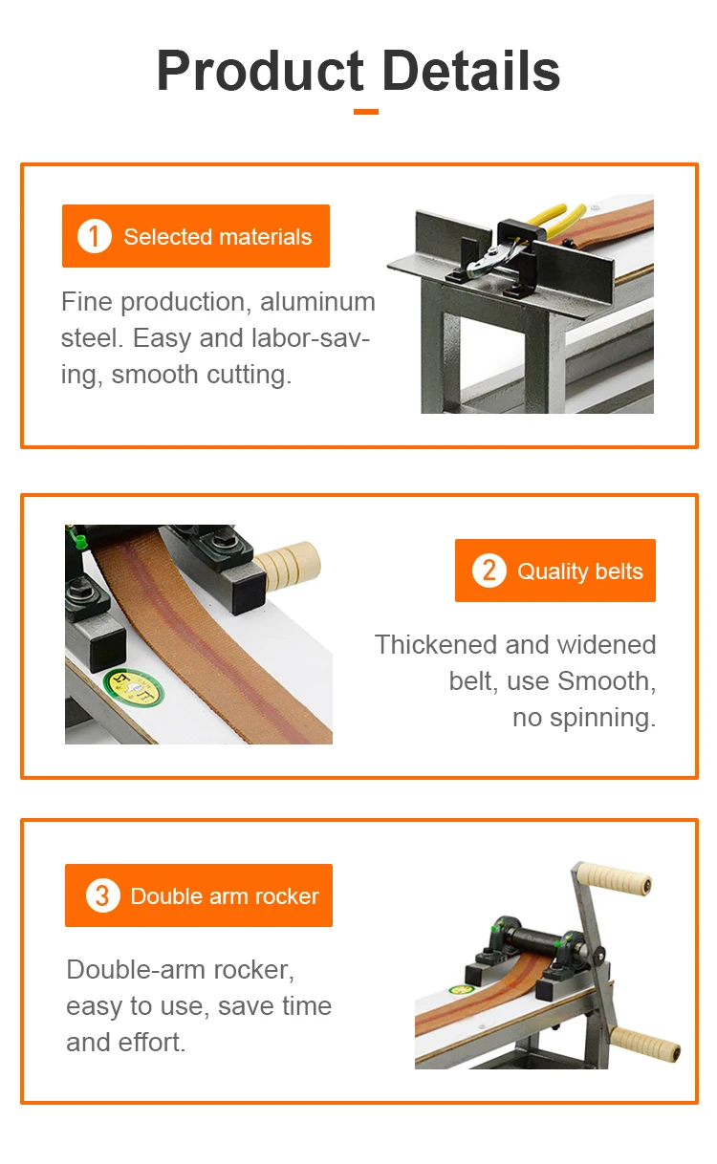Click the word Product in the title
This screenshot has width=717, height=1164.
(x=260, y=71)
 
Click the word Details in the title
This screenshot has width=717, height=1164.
(x=471, y=70)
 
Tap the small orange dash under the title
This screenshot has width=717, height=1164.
(x=365, y=112)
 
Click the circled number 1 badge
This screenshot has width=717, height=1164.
(x=94, y=236)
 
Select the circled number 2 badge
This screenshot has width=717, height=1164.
(x=489, y=571)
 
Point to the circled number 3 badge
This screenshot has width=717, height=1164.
(x=102, y=895)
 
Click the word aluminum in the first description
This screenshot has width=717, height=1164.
(x=317, y=301)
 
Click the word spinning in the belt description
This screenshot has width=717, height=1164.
(x=602, y=719)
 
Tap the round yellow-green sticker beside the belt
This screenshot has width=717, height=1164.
(x=134, y=687)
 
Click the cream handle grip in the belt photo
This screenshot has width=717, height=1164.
(x=288, y=565)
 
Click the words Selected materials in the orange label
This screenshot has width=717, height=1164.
(x=218, y=237)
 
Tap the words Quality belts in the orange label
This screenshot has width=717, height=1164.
(x=580, y=571)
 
